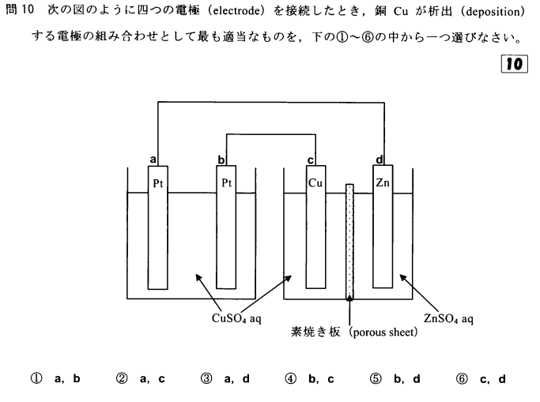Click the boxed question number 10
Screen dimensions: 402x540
[x=518, y=65]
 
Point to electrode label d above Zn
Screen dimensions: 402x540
[x=380, y=160]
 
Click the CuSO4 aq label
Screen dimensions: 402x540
[x=236, y=317]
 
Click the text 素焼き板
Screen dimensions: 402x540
[x=317, y=332]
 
